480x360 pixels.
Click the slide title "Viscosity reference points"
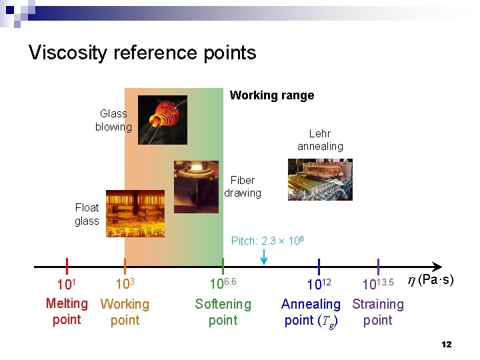point(142,53)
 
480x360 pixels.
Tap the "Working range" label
point(271,95)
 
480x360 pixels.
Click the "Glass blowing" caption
point(113,120)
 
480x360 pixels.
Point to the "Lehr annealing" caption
point(320,140)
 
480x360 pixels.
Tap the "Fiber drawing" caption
point(243,187)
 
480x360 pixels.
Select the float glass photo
point(135,214)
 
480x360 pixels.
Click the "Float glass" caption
point(87,214)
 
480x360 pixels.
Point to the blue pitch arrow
point(264,255)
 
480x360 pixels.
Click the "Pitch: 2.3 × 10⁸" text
point(267,240)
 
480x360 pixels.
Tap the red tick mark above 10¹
point(67,266)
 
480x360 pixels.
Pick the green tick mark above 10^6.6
point(223,266)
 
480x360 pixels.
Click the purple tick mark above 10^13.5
point(378,266)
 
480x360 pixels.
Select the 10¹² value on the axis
point(319,285)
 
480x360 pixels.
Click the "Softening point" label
point(223,312)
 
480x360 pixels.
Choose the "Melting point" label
point(67,311)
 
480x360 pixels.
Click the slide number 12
point(446,344)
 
